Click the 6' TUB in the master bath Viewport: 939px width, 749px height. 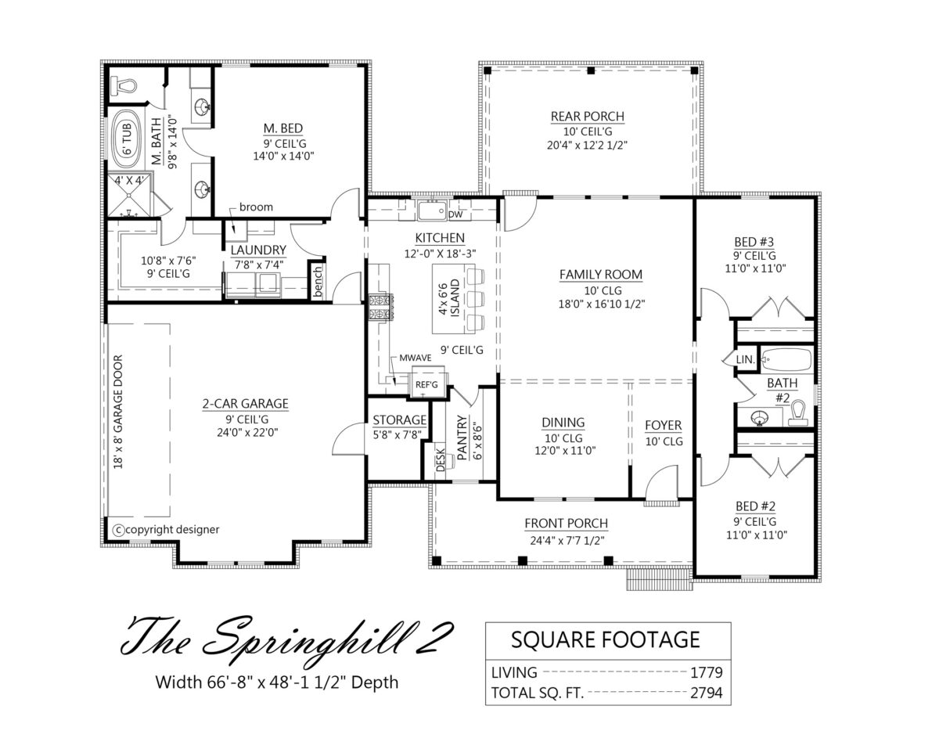(x=127, y=139)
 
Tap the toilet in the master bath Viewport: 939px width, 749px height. (x=124, y=86)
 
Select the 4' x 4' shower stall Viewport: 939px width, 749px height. (x=130, y=195)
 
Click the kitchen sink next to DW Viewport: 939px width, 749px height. (x=432, y=211)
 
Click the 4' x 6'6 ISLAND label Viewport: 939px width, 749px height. (x=449, y=298)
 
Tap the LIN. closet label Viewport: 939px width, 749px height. (x=745, y=359)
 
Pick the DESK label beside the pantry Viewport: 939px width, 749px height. (x=441, y=459)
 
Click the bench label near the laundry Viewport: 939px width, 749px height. (x=318, y=282)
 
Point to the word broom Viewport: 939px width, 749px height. (x=256, y=207)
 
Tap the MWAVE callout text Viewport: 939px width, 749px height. (x=416, y=358)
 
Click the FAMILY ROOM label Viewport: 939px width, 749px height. (x=601, y=275)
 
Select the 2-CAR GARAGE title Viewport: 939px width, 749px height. (x=245, y=404)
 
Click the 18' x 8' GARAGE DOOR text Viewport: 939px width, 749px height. (x=118, y=412)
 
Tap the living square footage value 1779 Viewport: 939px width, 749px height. (x=706, y=672)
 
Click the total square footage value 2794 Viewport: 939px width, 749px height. (x=706, y=693)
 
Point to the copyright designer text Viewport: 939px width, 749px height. (x=166, y=530)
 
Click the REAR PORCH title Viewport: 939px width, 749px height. (x=588, y=117)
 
